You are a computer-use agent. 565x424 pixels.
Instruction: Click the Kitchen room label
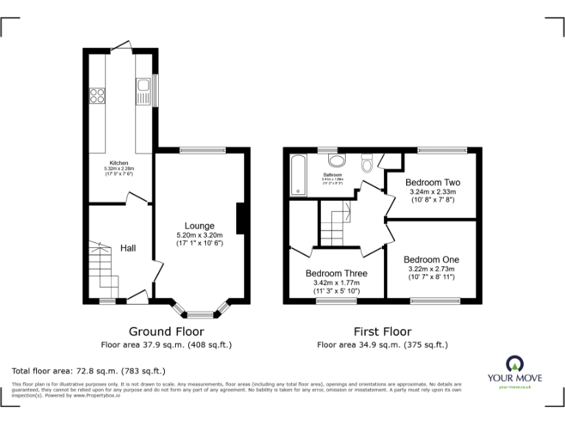pos(119,163)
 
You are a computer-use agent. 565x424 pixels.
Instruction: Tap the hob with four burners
pos(96,94)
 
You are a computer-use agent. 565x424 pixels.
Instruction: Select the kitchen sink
pos(142,92)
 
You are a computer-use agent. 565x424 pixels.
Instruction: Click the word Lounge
pos(199,226)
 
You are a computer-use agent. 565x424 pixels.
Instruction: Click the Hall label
pos(128,248)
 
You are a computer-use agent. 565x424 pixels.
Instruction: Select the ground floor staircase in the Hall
pos(99,269)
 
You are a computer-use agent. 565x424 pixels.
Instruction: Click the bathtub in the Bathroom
pos(299,176)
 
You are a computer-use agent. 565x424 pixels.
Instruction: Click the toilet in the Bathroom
pos(368,161)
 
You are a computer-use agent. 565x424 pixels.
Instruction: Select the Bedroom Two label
pos(433,183)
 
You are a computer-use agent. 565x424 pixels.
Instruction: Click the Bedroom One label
pos(431,260)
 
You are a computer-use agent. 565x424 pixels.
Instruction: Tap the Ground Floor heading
pos(166,331)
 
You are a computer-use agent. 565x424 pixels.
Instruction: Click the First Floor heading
pos(382,331)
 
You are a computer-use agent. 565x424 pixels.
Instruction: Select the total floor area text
pos(89,371)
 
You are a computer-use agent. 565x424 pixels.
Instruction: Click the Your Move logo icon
pos(515,362)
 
